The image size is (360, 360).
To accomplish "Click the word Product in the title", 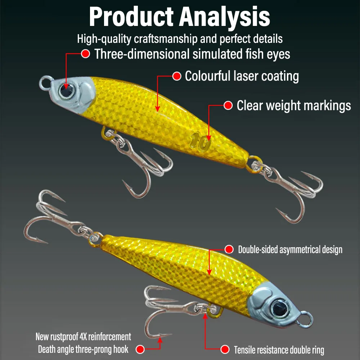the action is point(131,17).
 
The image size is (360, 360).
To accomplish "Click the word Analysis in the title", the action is point(224,18).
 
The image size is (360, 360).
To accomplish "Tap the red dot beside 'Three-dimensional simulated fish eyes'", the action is point(86,54).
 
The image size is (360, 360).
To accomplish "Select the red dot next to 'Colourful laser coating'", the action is point(176,76).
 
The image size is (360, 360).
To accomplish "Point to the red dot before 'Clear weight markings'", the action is point(228,105).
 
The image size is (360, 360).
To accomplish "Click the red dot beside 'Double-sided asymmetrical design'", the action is point(229,249).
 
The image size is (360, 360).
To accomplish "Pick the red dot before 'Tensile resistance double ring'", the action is point(225,349).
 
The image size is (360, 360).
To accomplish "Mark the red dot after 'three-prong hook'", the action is point(140,349).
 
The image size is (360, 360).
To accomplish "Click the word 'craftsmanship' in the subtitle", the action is point(166,39).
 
